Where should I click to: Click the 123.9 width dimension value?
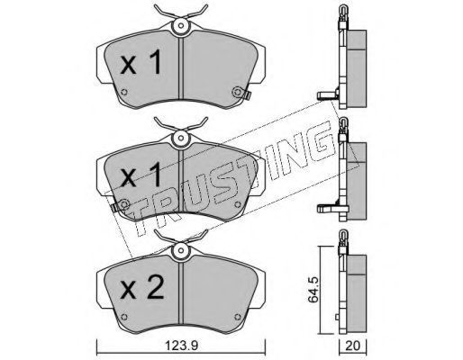(x=181, y=346)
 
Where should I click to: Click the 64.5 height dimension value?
(x=313, y=290)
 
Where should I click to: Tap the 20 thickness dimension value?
(x=352, y=346)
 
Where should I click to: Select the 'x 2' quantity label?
(x=141, y=287)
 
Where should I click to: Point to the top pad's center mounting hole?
(x=180, y=25)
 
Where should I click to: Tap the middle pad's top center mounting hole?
(x=180, y=138)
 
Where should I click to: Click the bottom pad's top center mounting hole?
(x=180, y=250)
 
